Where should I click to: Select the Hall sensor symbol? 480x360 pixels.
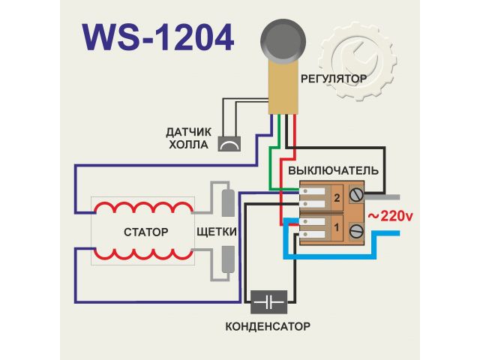click(x=230, y=143)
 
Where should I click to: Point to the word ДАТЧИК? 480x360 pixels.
click(x=190, y=133)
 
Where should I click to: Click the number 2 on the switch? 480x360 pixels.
click(x=337, y=199)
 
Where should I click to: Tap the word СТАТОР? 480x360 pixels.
click(x=145, y=232)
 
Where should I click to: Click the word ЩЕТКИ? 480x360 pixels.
click(x=216, y=231)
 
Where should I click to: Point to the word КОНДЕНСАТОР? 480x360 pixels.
click(x=268, y=327)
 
